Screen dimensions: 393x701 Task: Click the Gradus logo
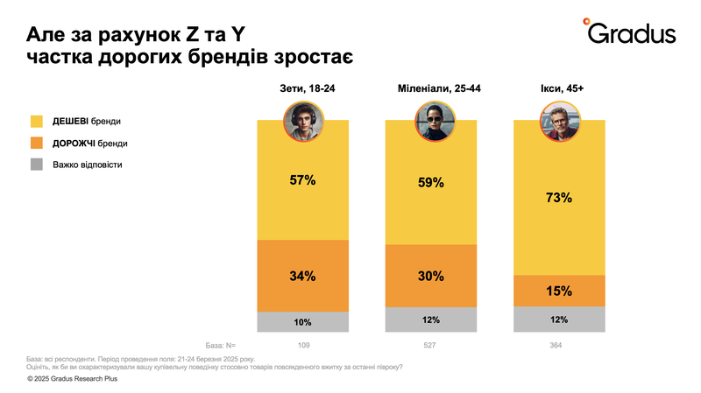tap(630, 32)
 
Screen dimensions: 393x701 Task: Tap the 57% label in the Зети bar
tap(302, 180)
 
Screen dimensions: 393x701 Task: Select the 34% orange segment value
tap(302, 276)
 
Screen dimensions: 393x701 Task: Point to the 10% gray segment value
tap(302, 321)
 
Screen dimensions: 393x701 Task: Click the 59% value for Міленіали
tap(431, 184)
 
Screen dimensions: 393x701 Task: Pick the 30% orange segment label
tap(431, 276)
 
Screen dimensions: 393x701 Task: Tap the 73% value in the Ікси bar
tap(559, 198)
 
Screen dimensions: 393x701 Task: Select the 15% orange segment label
tap(559, 291)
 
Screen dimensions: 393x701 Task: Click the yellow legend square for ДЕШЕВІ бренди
tap(37, 120)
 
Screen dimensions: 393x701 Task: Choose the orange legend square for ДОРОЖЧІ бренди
tap(37, 142)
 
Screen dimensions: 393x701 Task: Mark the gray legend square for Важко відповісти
tap(37, 164)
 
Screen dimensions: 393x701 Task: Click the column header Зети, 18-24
tap(302, 89)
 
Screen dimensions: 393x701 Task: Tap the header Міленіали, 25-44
tap(431, 89)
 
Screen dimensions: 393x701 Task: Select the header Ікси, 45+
tap(559, 89)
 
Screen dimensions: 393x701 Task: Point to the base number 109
tap(302, 346)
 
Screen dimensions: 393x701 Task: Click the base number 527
tap(431, 346)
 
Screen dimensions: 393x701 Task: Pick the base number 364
tap(559, 346)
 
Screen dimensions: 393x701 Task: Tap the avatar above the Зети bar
tap(303, 121)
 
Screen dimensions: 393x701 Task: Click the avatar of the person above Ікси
tap(559, 121)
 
